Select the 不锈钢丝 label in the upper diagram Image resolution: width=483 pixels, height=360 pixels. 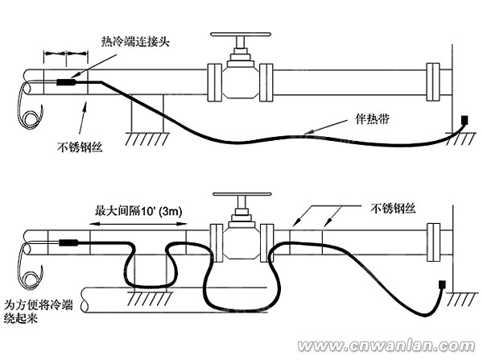pos(77,147)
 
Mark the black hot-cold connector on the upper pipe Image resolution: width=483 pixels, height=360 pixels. pos(65,81)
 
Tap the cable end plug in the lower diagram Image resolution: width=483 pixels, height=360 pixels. pos(442,283)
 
